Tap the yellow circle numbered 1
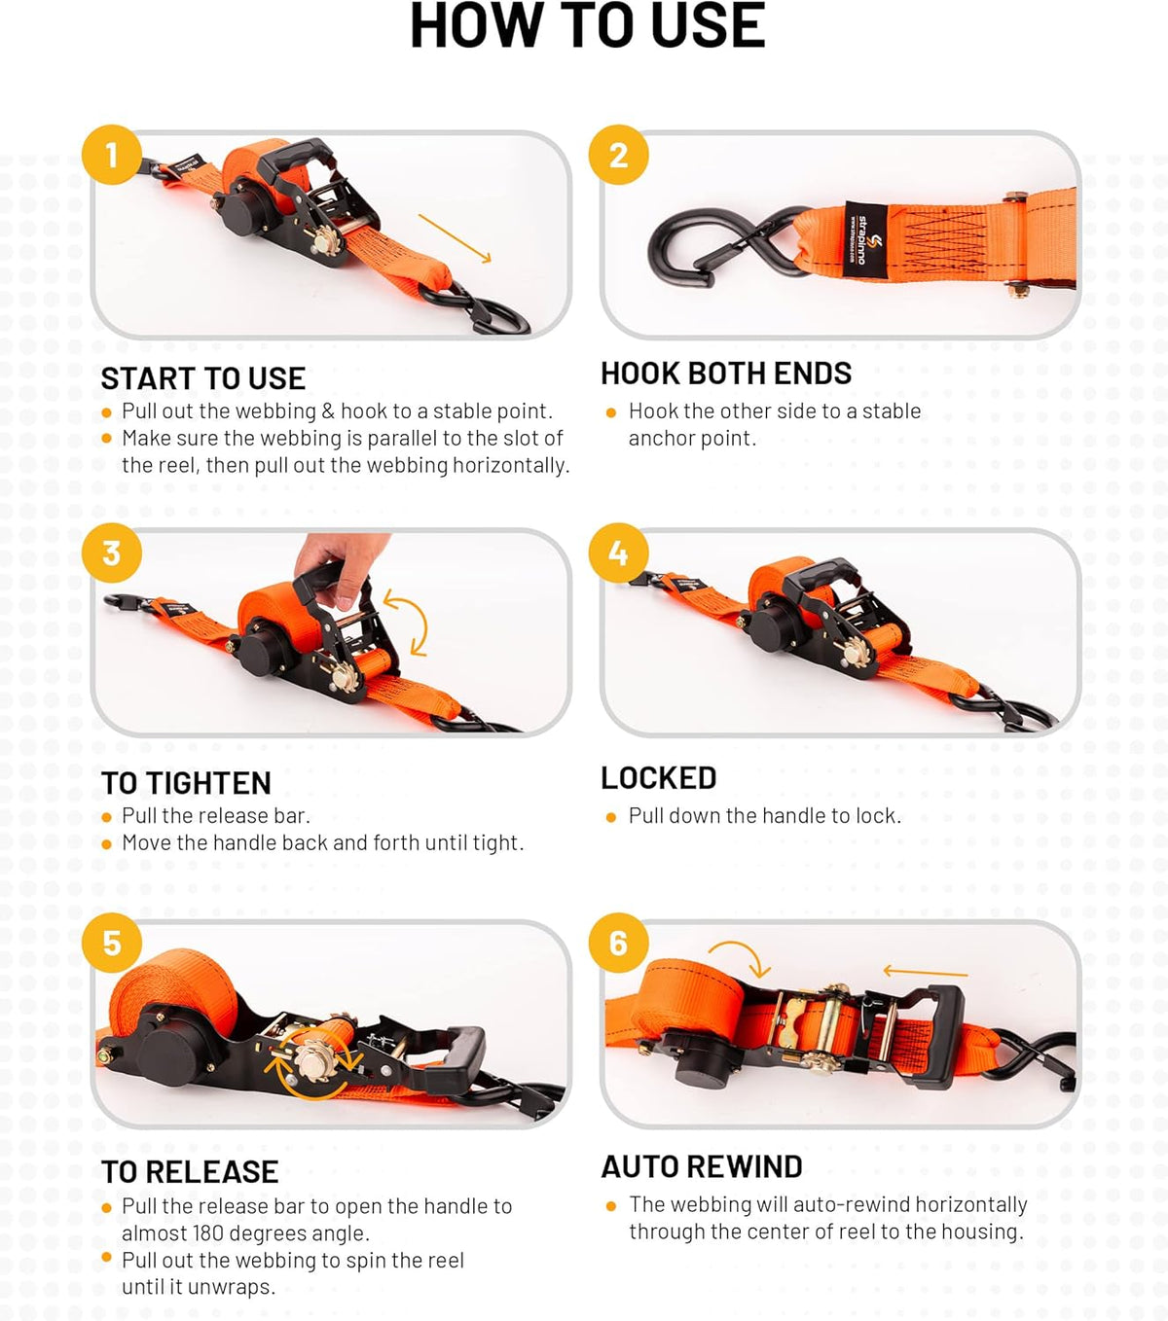[112, 156]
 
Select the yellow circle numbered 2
[618, 156]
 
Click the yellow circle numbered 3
[112, 553]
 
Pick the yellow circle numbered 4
[618, 553]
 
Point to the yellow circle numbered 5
[112, 943]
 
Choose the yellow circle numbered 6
[618, 943]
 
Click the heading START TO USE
[202, 378]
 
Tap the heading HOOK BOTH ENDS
[725, 374]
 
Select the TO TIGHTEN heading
[186, 783]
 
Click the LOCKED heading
[658, 778]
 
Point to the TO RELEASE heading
[190, 1172]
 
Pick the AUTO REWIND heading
[702, 1166]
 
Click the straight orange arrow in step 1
[455, 238]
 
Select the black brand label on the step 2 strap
[866, 239]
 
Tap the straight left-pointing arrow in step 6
[926, 972]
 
